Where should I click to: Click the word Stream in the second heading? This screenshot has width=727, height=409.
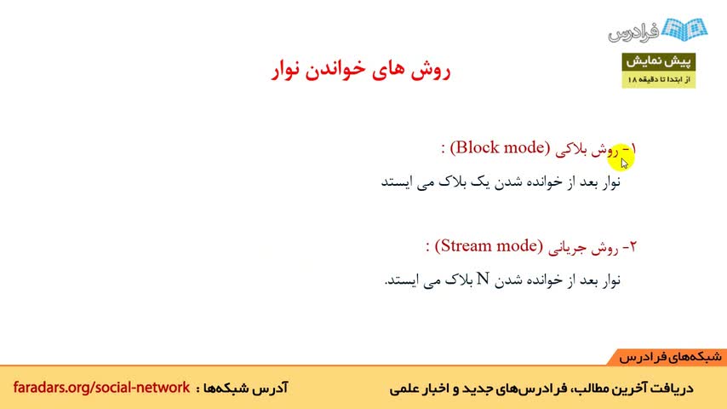(469, 246)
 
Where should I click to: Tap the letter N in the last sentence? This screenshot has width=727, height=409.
(484, 279)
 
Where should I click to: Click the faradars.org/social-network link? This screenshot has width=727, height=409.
(101, 387)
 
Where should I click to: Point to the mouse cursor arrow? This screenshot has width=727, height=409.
(624, 163)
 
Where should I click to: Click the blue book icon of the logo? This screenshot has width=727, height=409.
(684, 29)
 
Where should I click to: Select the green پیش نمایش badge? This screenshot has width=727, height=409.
(658, 61)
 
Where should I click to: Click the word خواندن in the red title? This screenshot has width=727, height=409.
(341, 70)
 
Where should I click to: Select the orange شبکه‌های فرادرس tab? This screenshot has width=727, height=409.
(668, 357)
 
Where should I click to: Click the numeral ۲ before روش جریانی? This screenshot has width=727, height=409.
(633, 246)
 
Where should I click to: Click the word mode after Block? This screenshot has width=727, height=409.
(524, 147)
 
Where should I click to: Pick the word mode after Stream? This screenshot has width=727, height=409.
(516, 246)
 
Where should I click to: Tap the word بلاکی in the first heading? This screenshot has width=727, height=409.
(571, 149)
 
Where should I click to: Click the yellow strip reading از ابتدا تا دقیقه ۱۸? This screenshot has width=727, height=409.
(658, 80)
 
